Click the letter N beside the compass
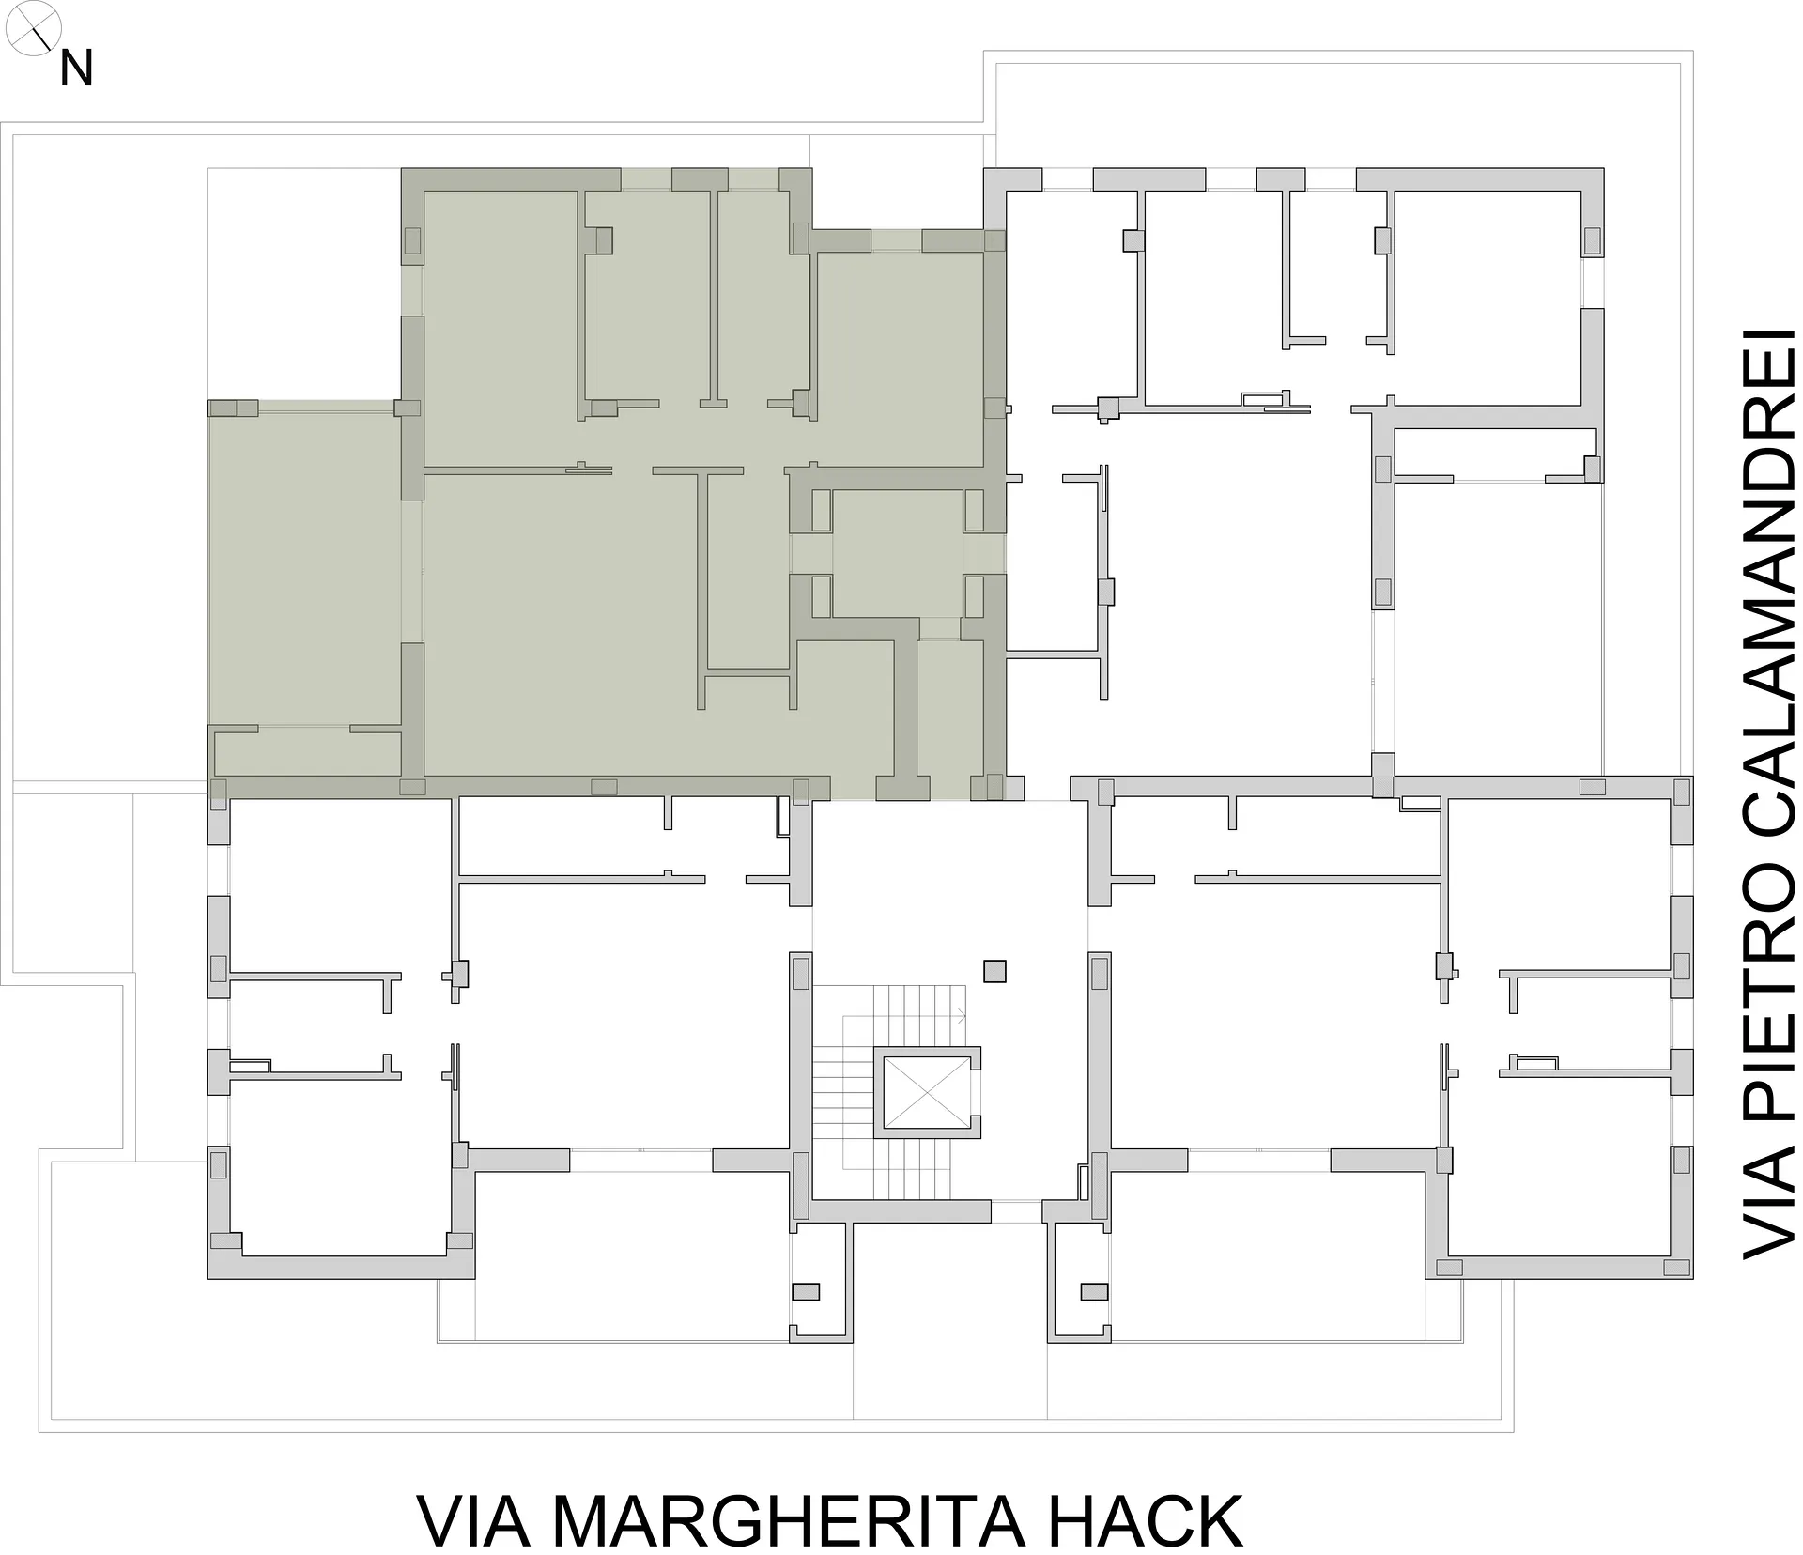pos(76,69)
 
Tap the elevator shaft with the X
pos(927,1091)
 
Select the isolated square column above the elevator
pos(994,970)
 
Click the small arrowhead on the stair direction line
pos(961,1015)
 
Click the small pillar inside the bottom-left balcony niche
pos(806,1291)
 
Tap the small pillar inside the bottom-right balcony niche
pos(1094,1291)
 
